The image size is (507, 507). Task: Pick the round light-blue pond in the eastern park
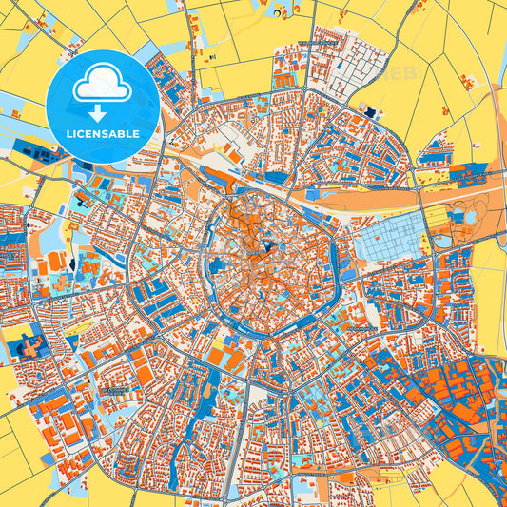[469, 218]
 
